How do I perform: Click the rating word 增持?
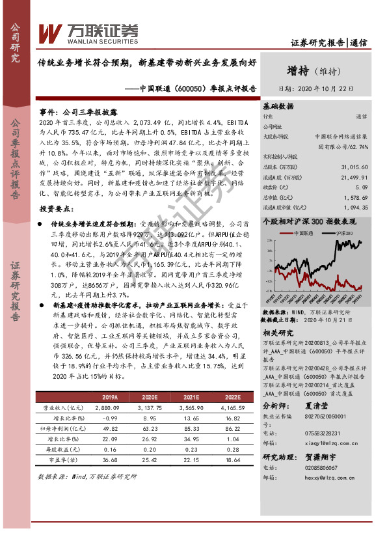[x=299, y=70]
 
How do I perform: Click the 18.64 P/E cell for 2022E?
[x=232, y=459]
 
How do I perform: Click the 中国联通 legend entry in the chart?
[x=305, y=232]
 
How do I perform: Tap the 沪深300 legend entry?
[x=342, y=232]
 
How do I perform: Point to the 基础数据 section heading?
[x=278, y=105]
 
